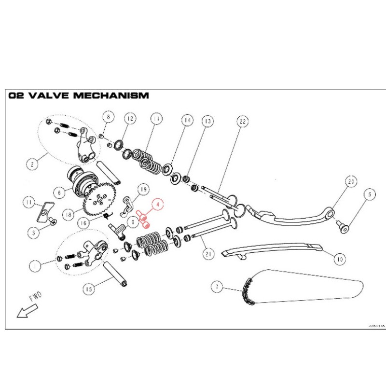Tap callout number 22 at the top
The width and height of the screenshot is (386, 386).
coord(242,122)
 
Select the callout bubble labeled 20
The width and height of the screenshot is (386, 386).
coord(351,182)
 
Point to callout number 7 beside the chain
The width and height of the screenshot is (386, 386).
coord(217,287)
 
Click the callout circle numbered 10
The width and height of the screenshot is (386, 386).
coord(340,259)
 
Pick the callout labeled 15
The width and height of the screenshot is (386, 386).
coord(88,289)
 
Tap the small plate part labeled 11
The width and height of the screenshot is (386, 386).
coord(44,208)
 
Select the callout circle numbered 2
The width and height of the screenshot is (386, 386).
coord(32,164)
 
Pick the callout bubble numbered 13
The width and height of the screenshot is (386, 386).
coord(207,121)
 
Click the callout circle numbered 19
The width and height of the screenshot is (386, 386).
coord(143,189)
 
